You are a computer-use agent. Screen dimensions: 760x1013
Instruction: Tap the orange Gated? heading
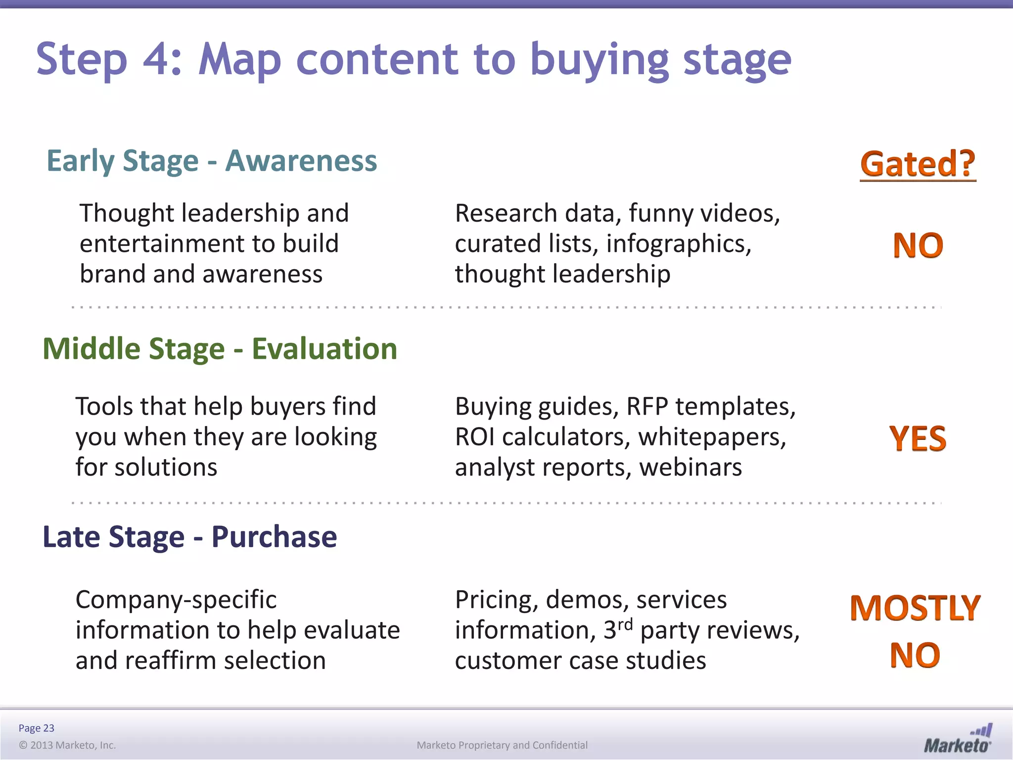(918, 164)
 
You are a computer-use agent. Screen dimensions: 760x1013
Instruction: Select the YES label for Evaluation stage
(918, 439)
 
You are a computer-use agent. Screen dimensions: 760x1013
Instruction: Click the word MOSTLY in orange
(915, 608)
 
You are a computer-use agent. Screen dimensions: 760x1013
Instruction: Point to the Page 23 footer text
(36, 728)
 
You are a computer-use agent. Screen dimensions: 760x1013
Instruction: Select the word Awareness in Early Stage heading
(301, 161)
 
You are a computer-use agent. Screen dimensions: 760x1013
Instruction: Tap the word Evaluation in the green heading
(324, 349)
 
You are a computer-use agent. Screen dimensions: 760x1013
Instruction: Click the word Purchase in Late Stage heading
(274, 537)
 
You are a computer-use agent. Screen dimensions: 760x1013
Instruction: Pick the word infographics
(678, 244)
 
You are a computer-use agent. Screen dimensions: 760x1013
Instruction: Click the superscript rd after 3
(625, 624)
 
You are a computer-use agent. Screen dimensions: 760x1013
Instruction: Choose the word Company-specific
(176, 600)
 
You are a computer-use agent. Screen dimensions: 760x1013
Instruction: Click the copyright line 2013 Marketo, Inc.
(67, 745)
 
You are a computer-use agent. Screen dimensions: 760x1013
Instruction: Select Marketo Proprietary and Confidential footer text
(502, 745)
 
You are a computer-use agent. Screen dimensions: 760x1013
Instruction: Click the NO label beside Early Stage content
(918, 245)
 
